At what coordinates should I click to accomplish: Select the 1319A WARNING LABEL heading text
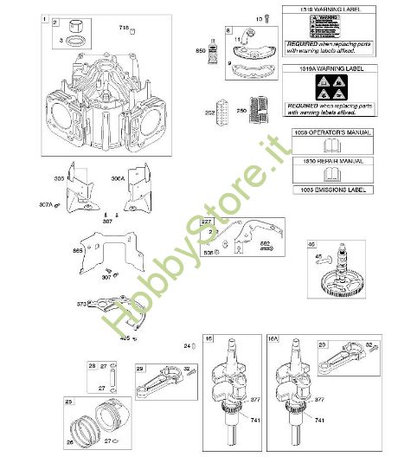click(326, 68)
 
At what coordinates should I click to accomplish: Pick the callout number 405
click(125, 338)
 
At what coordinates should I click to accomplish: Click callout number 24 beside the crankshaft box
click(186, 347)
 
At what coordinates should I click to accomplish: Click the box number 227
click(207, 222)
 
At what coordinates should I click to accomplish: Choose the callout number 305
click(59, 178)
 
